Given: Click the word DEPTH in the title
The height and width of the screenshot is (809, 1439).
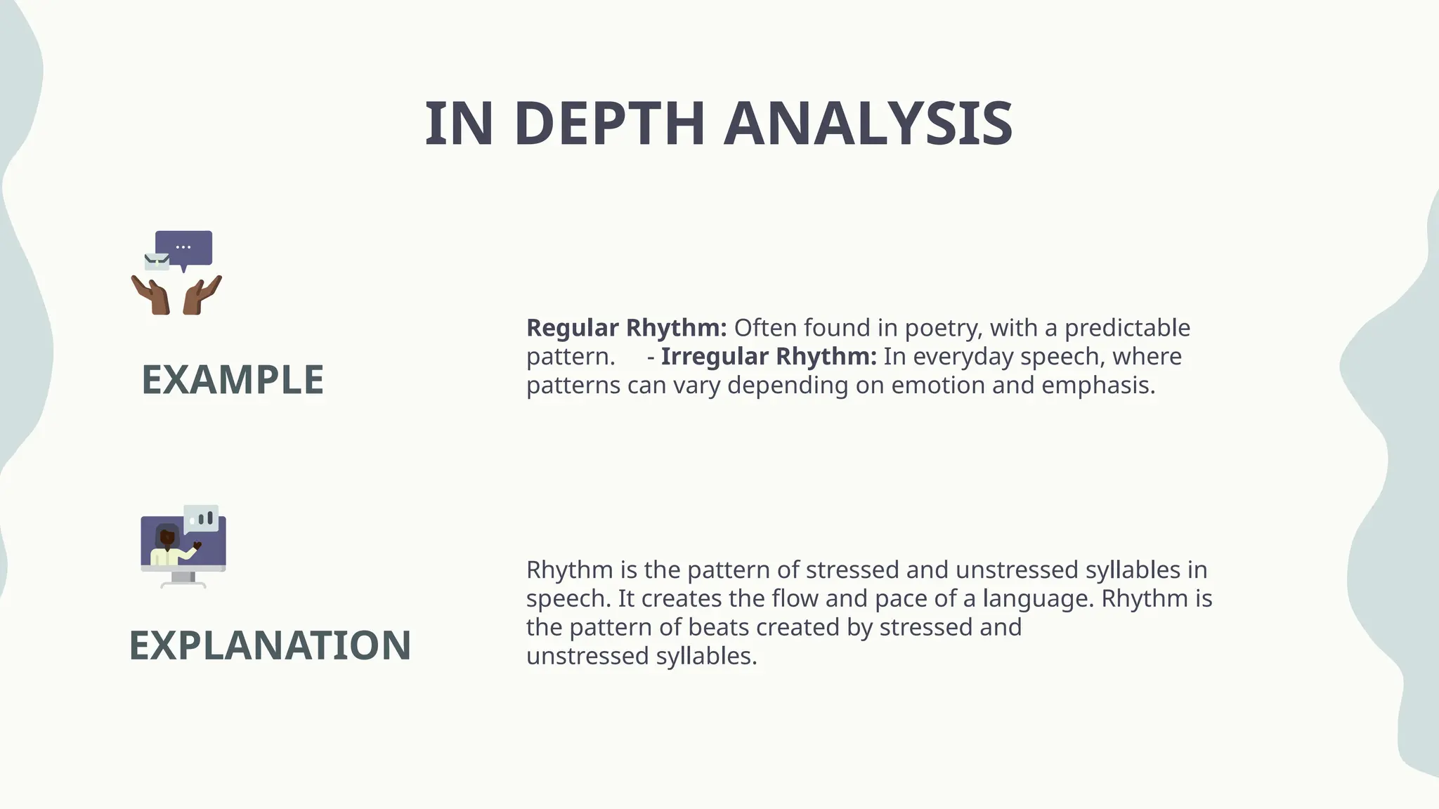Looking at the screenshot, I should tap(609, 124).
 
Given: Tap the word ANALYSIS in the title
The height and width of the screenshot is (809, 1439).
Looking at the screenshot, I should tap(868, 124).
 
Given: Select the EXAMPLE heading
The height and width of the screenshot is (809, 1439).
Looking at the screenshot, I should tap(233, 380).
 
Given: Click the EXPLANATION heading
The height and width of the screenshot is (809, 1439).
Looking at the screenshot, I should tap(270, 645).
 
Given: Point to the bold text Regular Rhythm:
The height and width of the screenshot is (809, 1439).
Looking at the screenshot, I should tap(626, 328).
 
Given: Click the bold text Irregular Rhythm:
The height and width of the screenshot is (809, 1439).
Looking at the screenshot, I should tap(768, 357).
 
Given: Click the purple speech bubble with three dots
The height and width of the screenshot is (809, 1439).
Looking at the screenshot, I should tap(184, 248).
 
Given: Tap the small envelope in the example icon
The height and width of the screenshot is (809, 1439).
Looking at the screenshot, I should tap(157, 262).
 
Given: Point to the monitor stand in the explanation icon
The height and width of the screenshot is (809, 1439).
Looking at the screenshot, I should tap(183, 579).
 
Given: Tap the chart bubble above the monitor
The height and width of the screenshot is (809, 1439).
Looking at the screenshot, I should tap(201, 518).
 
